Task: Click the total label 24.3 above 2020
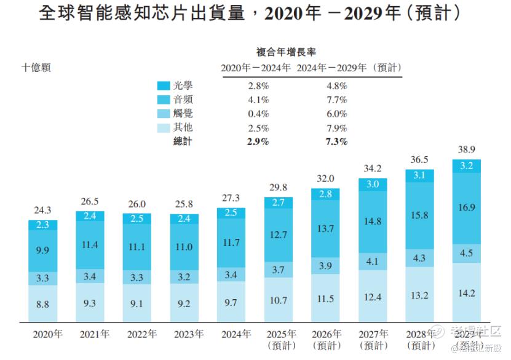pos(43,211)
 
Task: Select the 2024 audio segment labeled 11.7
pos(231,243)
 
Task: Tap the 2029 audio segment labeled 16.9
pos(467,208)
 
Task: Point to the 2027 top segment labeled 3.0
pos(373,184)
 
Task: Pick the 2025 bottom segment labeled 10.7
pos(279,300)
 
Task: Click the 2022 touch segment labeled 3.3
pos(137,276)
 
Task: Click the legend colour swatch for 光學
pos(164,85)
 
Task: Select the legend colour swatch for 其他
pos(164,128)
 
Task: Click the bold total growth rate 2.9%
pos(258,142)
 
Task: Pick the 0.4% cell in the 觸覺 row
pos(258,114)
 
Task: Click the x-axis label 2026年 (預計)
pos(326,340)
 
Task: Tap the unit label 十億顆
pos(36,68)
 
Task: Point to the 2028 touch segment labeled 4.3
pos(420,259)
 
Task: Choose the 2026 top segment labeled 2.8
pos(326,194)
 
